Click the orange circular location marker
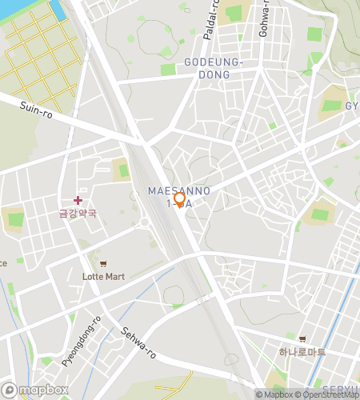(179, 200)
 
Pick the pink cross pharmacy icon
(78, 200)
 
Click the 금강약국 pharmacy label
(78, 214)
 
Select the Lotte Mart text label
(103, 277)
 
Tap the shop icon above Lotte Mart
(102, 264)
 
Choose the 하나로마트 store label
(302, 352)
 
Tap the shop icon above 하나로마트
(302, 339)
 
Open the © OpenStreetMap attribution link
(328, 394)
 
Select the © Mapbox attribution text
(274, 394)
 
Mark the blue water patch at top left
(58, 10)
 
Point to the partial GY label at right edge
(352, 106)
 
